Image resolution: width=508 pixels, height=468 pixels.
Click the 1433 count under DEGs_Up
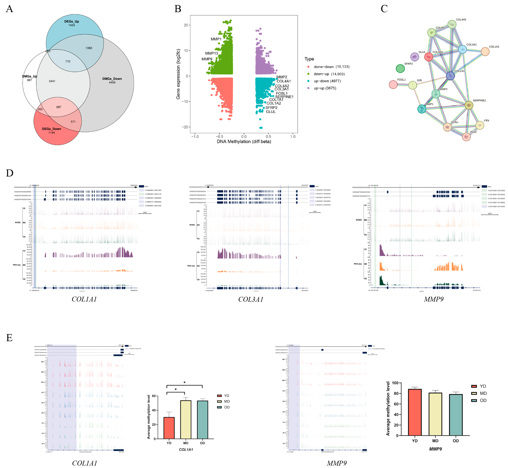point(72,25)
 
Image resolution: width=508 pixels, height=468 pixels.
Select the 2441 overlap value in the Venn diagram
point(52,81)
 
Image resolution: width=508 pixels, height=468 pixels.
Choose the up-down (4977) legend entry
point(327,81)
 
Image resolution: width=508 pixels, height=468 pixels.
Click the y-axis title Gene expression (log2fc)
point(178,74)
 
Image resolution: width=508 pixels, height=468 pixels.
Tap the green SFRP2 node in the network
point(400,68)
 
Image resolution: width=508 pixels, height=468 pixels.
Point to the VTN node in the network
point(480,125)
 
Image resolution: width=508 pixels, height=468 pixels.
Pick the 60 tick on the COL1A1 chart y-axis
point(154,396)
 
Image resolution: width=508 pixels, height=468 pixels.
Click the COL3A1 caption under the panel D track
point(251,299)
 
